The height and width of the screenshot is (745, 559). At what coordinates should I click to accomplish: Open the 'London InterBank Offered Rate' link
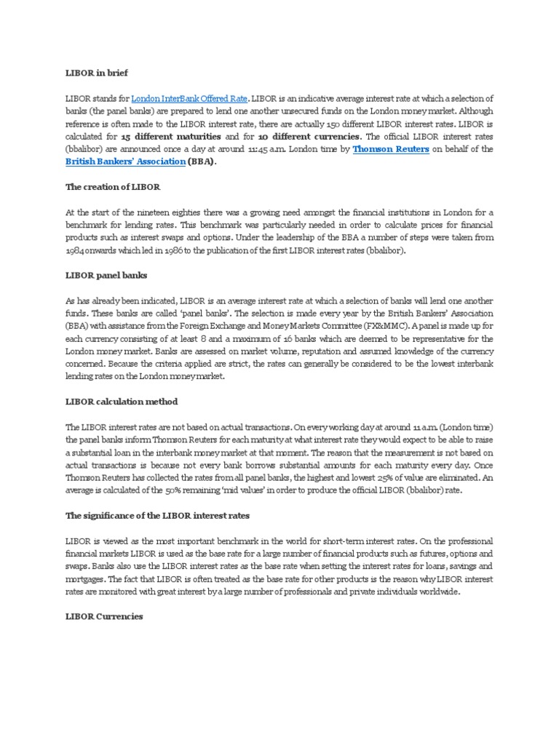[x=189, y=98]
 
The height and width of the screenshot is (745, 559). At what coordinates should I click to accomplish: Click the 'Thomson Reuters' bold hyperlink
[x=391, y=148]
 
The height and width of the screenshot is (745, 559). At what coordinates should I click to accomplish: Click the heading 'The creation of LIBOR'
[x=113, y=187]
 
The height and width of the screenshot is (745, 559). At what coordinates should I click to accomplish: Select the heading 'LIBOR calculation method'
[x=122, y=402]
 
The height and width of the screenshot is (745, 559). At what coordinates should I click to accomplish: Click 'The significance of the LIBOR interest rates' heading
[x=157, y=516]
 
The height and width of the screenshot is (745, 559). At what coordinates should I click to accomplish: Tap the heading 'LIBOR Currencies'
[x=104, y=616]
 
